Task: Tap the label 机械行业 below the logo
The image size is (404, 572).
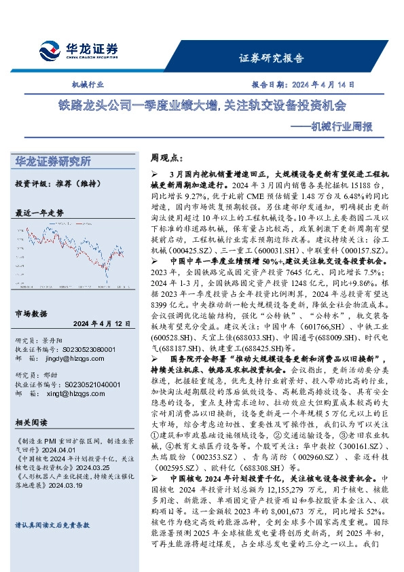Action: pos(88,85)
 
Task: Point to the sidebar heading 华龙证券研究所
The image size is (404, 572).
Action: pos(53,162)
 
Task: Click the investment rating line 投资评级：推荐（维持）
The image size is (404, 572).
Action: pos(55,183)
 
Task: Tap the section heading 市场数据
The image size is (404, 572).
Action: pos(31,313)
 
